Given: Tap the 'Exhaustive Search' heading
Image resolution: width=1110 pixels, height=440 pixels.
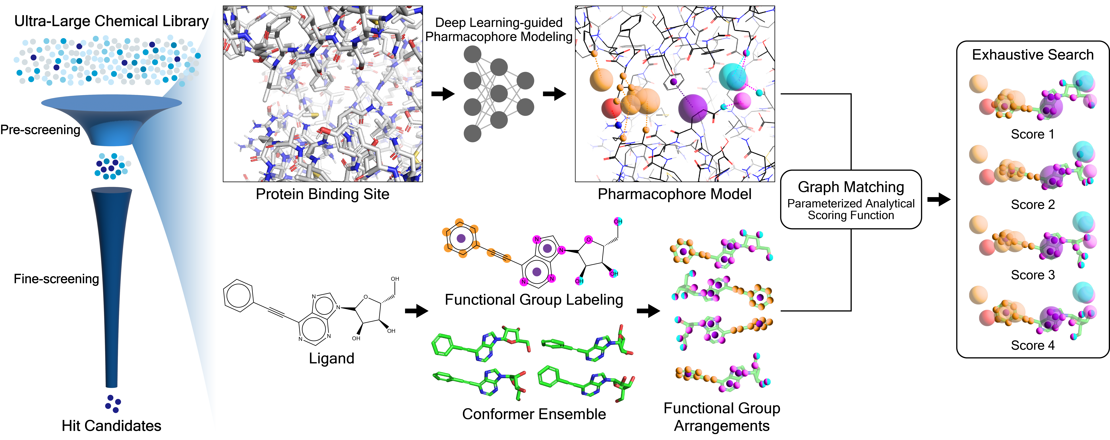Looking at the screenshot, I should pos(1032,55).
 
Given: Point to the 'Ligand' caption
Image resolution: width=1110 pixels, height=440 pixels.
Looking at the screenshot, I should pos(331,358).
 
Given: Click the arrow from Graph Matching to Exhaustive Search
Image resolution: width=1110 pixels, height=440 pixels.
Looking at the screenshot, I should pos(939,199).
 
